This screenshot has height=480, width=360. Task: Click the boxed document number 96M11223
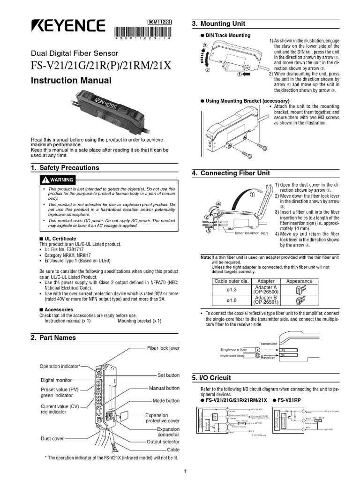(x=159, y=22)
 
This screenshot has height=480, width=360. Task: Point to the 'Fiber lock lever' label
(x=163, y=348)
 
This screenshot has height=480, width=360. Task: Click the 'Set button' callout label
(x=168, y=375)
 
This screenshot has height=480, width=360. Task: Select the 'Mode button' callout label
(x=166, y=401)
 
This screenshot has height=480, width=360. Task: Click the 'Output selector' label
(x=163, y=441)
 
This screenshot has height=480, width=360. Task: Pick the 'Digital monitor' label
(x=56, y=380)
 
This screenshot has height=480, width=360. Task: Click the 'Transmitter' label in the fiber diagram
(x=268, y=343)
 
